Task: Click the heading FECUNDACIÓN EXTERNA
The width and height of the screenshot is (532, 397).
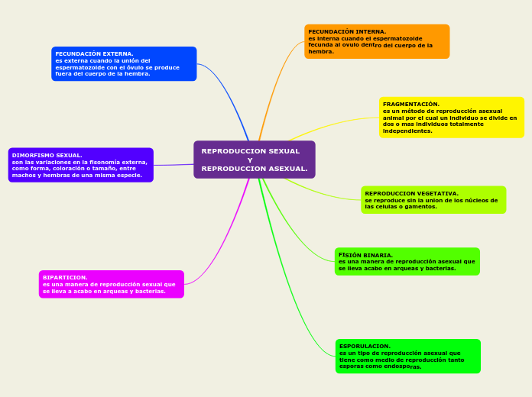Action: pos(94,54)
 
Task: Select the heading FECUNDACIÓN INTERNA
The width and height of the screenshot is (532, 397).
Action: pos(347,32)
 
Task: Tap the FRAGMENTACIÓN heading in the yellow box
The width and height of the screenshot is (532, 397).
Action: pos(411,104)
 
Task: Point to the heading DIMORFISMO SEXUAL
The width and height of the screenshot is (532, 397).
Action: pos(47,155)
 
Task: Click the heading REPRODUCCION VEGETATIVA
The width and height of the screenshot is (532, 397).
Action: pos(411,194)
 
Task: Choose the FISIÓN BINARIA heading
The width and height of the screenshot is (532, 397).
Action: pos(365,255)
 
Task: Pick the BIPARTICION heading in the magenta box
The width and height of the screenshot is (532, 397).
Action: pos(65,277)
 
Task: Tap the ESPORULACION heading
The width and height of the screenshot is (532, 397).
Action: pos(365,346)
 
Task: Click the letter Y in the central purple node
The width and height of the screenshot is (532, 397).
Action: pos(250,160)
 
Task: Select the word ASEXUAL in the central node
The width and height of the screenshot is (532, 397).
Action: pos(288,169)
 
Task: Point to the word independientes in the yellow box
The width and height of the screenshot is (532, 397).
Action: pos(407,131)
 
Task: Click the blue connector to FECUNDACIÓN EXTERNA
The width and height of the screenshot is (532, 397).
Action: pos(229,92)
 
